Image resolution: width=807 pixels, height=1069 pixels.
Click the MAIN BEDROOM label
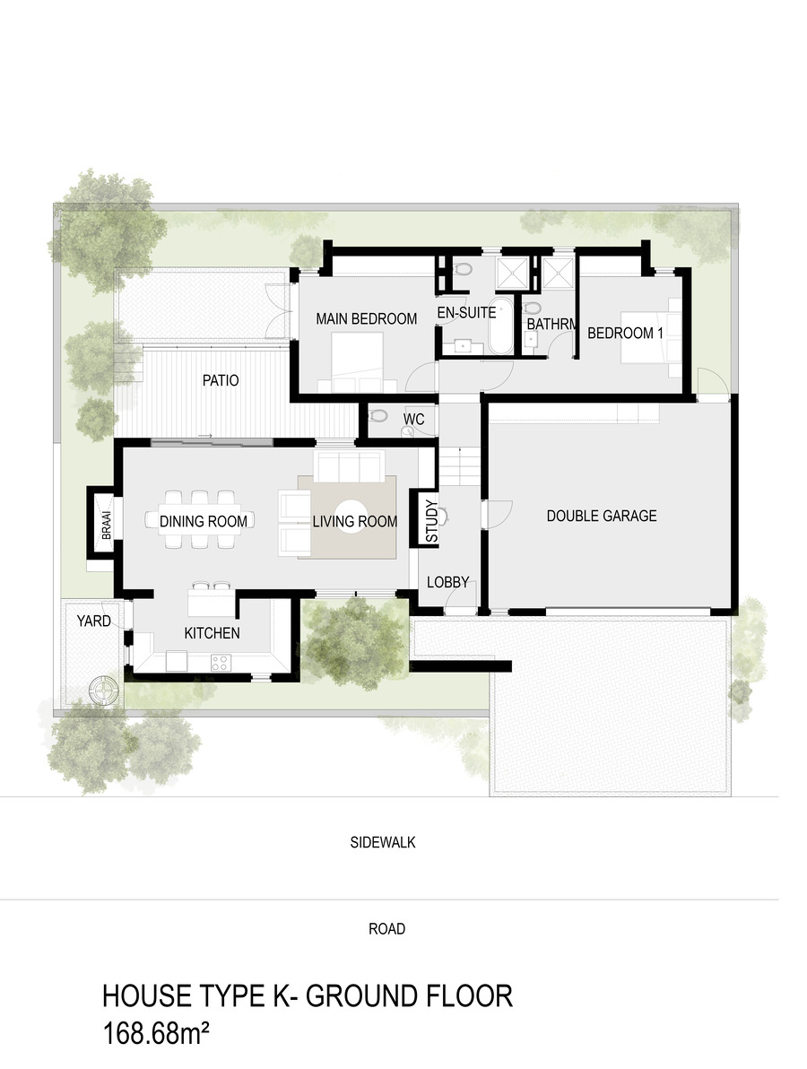coord(366,318)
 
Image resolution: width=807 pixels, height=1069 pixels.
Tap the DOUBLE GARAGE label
coord(601,516)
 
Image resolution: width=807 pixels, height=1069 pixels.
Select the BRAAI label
coord(106,526)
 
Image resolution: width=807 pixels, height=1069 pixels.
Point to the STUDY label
coord(431,522)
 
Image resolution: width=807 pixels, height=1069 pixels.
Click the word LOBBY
coord(447,582)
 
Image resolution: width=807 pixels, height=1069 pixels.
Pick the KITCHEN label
coord(212,633)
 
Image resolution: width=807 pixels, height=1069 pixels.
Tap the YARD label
coord(93,621)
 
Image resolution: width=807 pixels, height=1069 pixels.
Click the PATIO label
coord(221,380)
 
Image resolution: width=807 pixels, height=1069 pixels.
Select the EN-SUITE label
coord(466,313)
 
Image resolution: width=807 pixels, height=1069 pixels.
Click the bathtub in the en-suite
coord(500,326)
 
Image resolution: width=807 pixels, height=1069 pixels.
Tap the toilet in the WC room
coord(377,415)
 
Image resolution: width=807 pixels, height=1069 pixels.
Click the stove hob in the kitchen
coord(221,661)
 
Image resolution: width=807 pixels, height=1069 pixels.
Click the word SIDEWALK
coord(383,843)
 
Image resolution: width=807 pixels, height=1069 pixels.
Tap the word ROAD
coord(387,928)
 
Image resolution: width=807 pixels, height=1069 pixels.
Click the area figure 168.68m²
coord(155,1032)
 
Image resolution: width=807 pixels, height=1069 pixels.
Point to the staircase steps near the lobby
coord(461,465)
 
